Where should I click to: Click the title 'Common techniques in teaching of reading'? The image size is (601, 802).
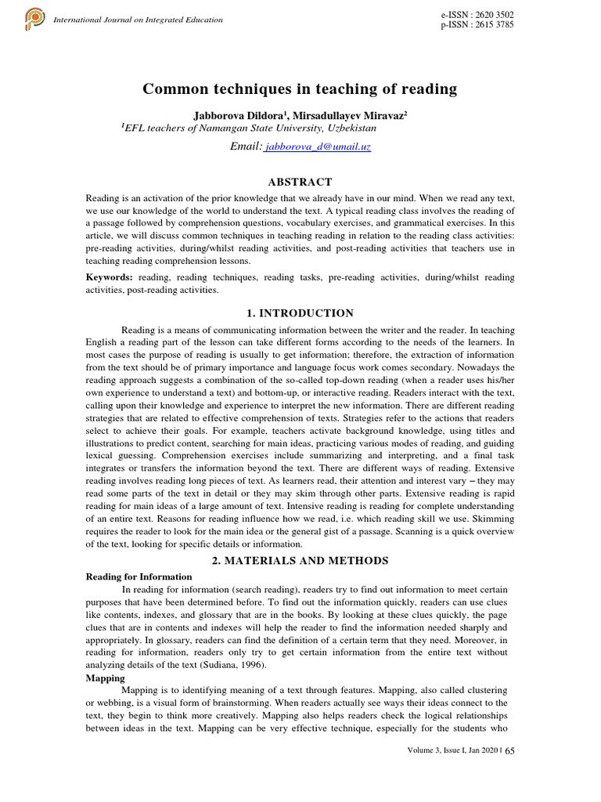[300, 89]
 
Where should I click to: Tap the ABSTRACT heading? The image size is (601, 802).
[300, 181]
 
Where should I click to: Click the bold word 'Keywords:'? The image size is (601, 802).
[109, 277]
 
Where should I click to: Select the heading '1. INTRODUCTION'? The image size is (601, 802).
[300, 312]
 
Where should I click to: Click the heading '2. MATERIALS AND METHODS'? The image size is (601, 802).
[300, 560]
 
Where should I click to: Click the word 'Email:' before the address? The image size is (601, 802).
[246, 146]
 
